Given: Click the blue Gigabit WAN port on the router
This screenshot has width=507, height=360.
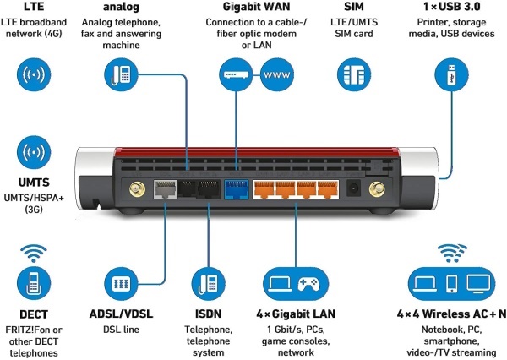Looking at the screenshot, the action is (237, 189).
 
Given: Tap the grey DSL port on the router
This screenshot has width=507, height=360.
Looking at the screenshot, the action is (165, 189).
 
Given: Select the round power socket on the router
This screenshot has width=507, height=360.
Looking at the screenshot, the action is (353, 188).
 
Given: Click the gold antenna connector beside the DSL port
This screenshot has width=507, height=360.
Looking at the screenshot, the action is (138, 189).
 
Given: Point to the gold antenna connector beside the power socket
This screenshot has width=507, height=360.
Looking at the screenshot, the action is (377, 189).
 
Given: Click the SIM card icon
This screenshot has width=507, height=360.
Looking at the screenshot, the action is (354, 74).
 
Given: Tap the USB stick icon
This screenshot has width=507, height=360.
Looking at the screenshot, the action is (451, 74).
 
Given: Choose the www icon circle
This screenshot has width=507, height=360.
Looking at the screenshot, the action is (277, 74).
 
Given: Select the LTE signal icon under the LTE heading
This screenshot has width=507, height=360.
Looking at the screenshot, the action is (34, 74).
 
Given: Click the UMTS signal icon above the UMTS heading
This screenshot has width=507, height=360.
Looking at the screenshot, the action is (34, 152).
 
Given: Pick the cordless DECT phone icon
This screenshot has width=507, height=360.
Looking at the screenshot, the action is (34, 283).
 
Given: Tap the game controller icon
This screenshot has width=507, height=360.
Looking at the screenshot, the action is (308, 284).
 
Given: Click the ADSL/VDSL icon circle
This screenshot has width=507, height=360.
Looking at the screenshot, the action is (121, 284).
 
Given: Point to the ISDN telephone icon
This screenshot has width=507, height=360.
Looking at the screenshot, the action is (208, 284).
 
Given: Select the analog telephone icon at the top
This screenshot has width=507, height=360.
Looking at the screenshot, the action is (121, 74).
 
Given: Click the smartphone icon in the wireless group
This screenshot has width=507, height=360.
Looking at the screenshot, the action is (451, 284).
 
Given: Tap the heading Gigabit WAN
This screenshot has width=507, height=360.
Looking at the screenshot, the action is (256, 7).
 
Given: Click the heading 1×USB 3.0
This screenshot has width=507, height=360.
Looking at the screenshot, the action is (452, 7).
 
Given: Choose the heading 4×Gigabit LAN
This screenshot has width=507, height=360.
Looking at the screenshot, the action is (296, 314).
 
